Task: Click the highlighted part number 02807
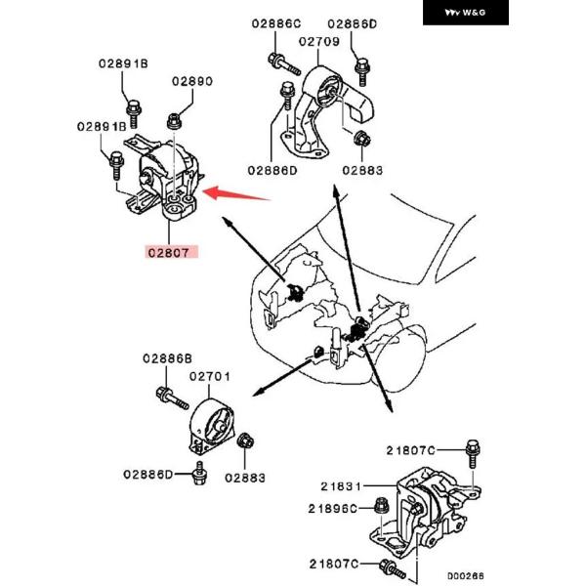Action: tap(172, 251)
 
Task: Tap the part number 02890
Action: tap(192, 83)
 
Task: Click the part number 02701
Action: tap(210, 376)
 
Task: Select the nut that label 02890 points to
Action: tap(174, 120)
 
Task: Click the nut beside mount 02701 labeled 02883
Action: tap(247, 441)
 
